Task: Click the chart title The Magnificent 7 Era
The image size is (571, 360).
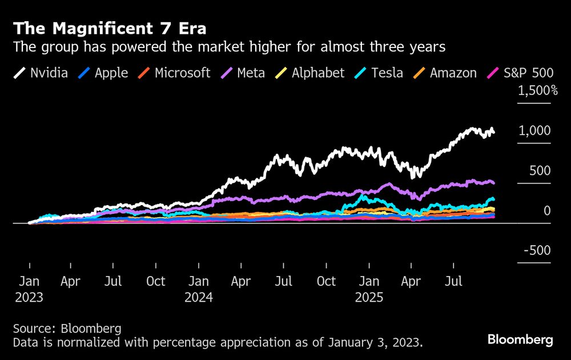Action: (x=110, y=28)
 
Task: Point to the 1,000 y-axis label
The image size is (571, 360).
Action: (x=534, y=131)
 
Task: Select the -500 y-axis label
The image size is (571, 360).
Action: (x=538, y=251)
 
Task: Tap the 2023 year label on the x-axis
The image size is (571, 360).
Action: (x=29, y=298)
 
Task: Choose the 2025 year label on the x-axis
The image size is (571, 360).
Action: (x=369, y=298)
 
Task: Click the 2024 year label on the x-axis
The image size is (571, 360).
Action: (x=199, y=298)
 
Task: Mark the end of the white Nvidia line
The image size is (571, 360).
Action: (x=493, y=133)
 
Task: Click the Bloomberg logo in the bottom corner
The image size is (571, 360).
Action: (x=520, y=339)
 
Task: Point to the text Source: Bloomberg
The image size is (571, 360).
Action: (x=67, y=329)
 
